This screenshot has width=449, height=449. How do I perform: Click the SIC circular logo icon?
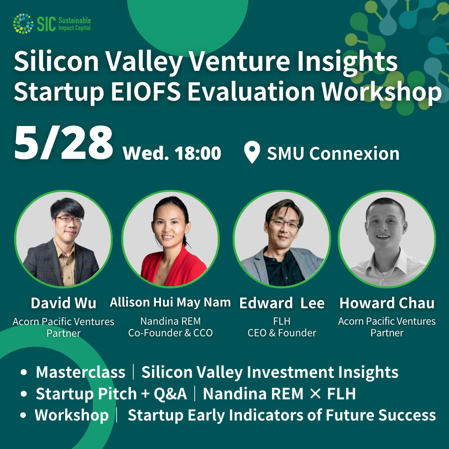tap(23, 23)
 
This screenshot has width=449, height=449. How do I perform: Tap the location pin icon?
tap(252, 152)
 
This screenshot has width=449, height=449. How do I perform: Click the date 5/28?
tap(63, 143)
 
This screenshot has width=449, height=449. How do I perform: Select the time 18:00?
tap(198, 153)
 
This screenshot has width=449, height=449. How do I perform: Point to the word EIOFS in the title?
tap(146, 92)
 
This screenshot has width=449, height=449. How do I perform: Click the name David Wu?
tap(63, 303)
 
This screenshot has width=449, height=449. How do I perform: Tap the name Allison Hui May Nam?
tap(171, 303)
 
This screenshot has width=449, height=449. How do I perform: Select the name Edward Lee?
tap(282, 303)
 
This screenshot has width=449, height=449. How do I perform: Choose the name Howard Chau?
tap(387, 303)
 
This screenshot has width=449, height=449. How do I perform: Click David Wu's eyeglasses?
tap(69, 220)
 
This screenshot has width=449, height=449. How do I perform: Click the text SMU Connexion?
tap(333, 154)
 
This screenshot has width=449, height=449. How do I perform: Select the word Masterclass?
tap(81, 372)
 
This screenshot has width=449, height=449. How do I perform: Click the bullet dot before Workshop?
tap(23, 415)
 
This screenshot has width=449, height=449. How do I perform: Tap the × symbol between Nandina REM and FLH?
tap(315, 394)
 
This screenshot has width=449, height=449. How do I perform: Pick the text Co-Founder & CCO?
tap(171, 333)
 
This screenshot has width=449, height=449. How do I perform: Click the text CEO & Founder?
tap(282, 333)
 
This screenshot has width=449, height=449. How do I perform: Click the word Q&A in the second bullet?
tap(171, 394)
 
